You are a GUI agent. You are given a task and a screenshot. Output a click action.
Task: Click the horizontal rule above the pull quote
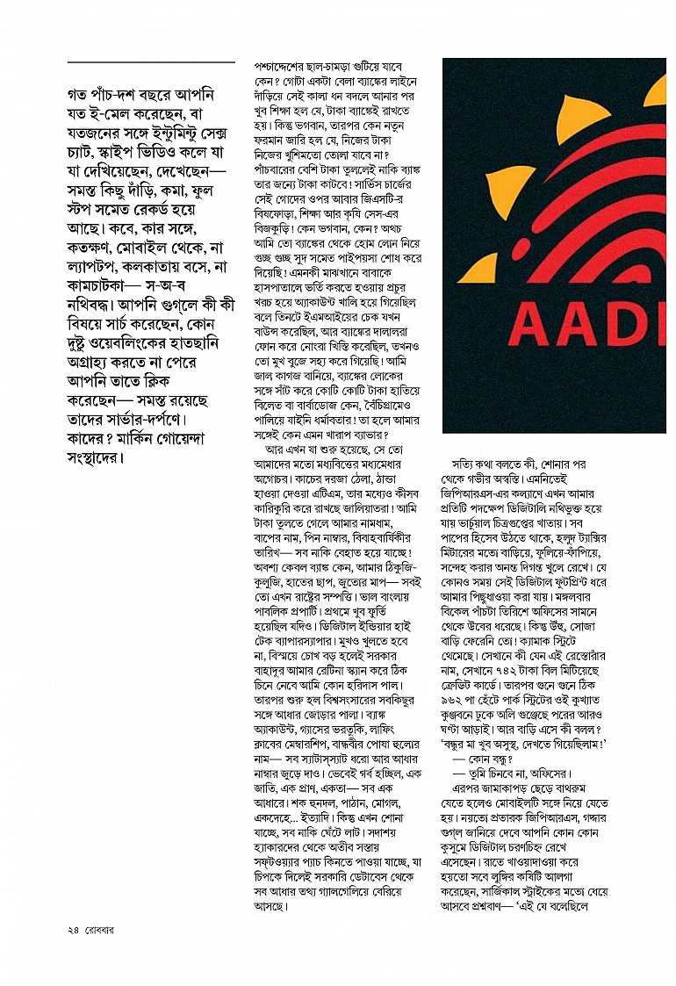(x=151, y=62)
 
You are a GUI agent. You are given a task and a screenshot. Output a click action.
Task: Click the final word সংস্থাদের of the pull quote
(x=97, y=458)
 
